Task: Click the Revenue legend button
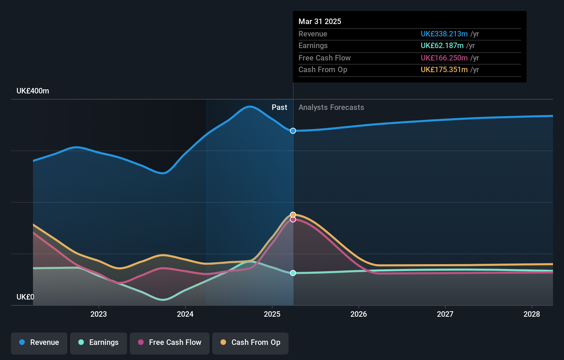click(x=39, y=342)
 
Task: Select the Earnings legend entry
click(x=99, y=342)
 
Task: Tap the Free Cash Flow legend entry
click(x=170, y=342)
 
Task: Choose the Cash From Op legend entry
click(x=250, y=342)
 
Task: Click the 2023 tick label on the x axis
click(x=99, y=314)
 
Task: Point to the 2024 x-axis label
click(x=185, y=314)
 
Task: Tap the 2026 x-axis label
click(x=359, y=314)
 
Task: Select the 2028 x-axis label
click(x=532, y=314)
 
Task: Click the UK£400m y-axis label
click(x=33, y=91)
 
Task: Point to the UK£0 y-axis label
click(x=25, y=297)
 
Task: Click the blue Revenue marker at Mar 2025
click(x=293, y=131)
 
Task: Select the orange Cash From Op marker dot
click(x=293, y=215)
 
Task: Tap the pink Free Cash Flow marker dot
click(x=293, y=220)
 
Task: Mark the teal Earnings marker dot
click(x=293, y=273)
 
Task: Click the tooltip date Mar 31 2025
click(x=320, y=21)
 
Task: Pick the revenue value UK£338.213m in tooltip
click(x=444, y=34)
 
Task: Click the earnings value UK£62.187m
click(x=442, y=46)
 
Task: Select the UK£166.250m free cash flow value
click(x=444, y=58)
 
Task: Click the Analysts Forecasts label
click(x=331, y=108)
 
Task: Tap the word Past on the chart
click(x=279, y=108)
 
